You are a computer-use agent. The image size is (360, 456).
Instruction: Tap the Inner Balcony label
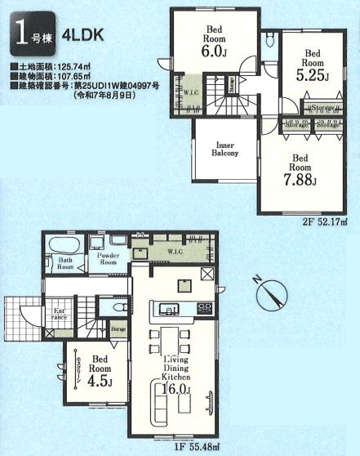225,148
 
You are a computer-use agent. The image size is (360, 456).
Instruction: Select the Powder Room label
109,261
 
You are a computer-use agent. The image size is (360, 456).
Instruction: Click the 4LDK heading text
80,37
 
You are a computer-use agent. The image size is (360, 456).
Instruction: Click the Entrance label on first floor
60,314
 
